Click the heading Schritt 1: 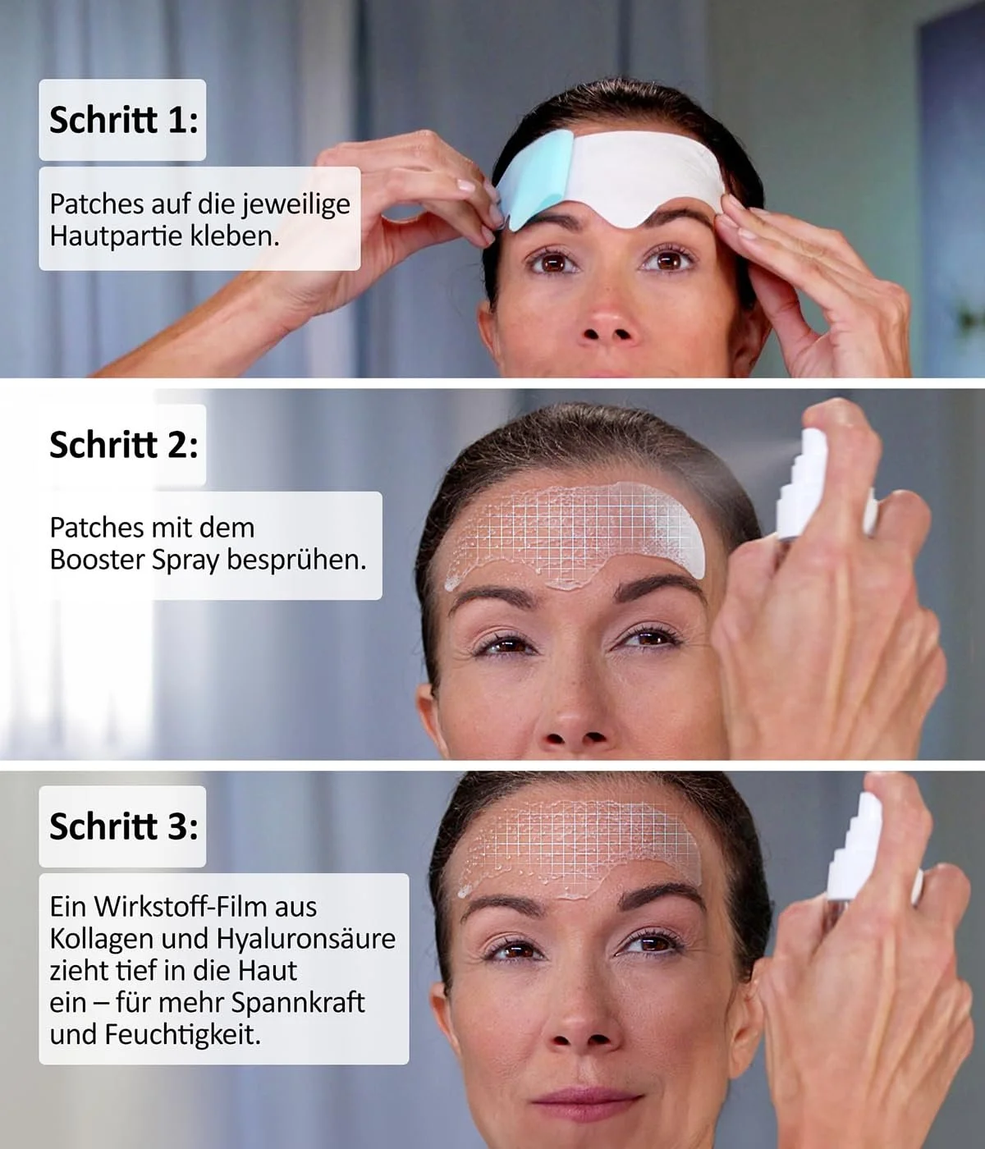click(123, 120)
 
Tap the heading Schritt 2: click(123, 445)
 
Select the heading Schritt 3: click(123, 826)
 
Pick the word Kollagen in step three click(101, 939)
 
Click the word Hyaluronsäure click(306, 939)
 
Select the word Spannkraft click(298, 1003)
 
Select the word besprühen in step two click(295, 561)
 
